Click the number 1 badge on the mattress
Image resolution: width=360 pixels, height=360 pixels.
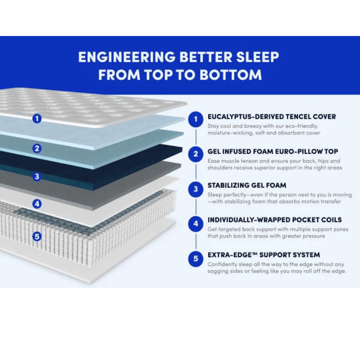coord(37,118)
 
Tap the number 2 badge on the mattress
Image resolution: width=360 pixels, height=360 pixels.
coord(37,148)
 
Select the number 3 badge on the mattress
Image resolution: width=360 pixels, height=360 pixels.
coord(37,176)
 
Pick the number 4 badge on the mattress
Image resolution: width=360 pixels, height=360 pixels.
coord(37,204)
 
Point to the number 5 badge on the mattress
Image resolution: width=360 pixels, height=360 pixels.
coord(37,236)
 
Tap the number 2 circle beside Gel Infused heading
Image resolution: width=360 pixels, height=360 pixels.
coord(196,154)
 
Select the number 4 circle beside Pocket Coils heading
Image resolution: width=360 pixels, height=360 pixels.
coord(196,224)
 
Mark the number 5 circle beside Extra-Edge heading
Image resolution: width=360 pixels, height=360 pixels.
coord(196,258)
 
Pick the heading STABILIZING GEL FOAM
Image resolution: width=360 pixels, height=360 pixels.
coord(247,185)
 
